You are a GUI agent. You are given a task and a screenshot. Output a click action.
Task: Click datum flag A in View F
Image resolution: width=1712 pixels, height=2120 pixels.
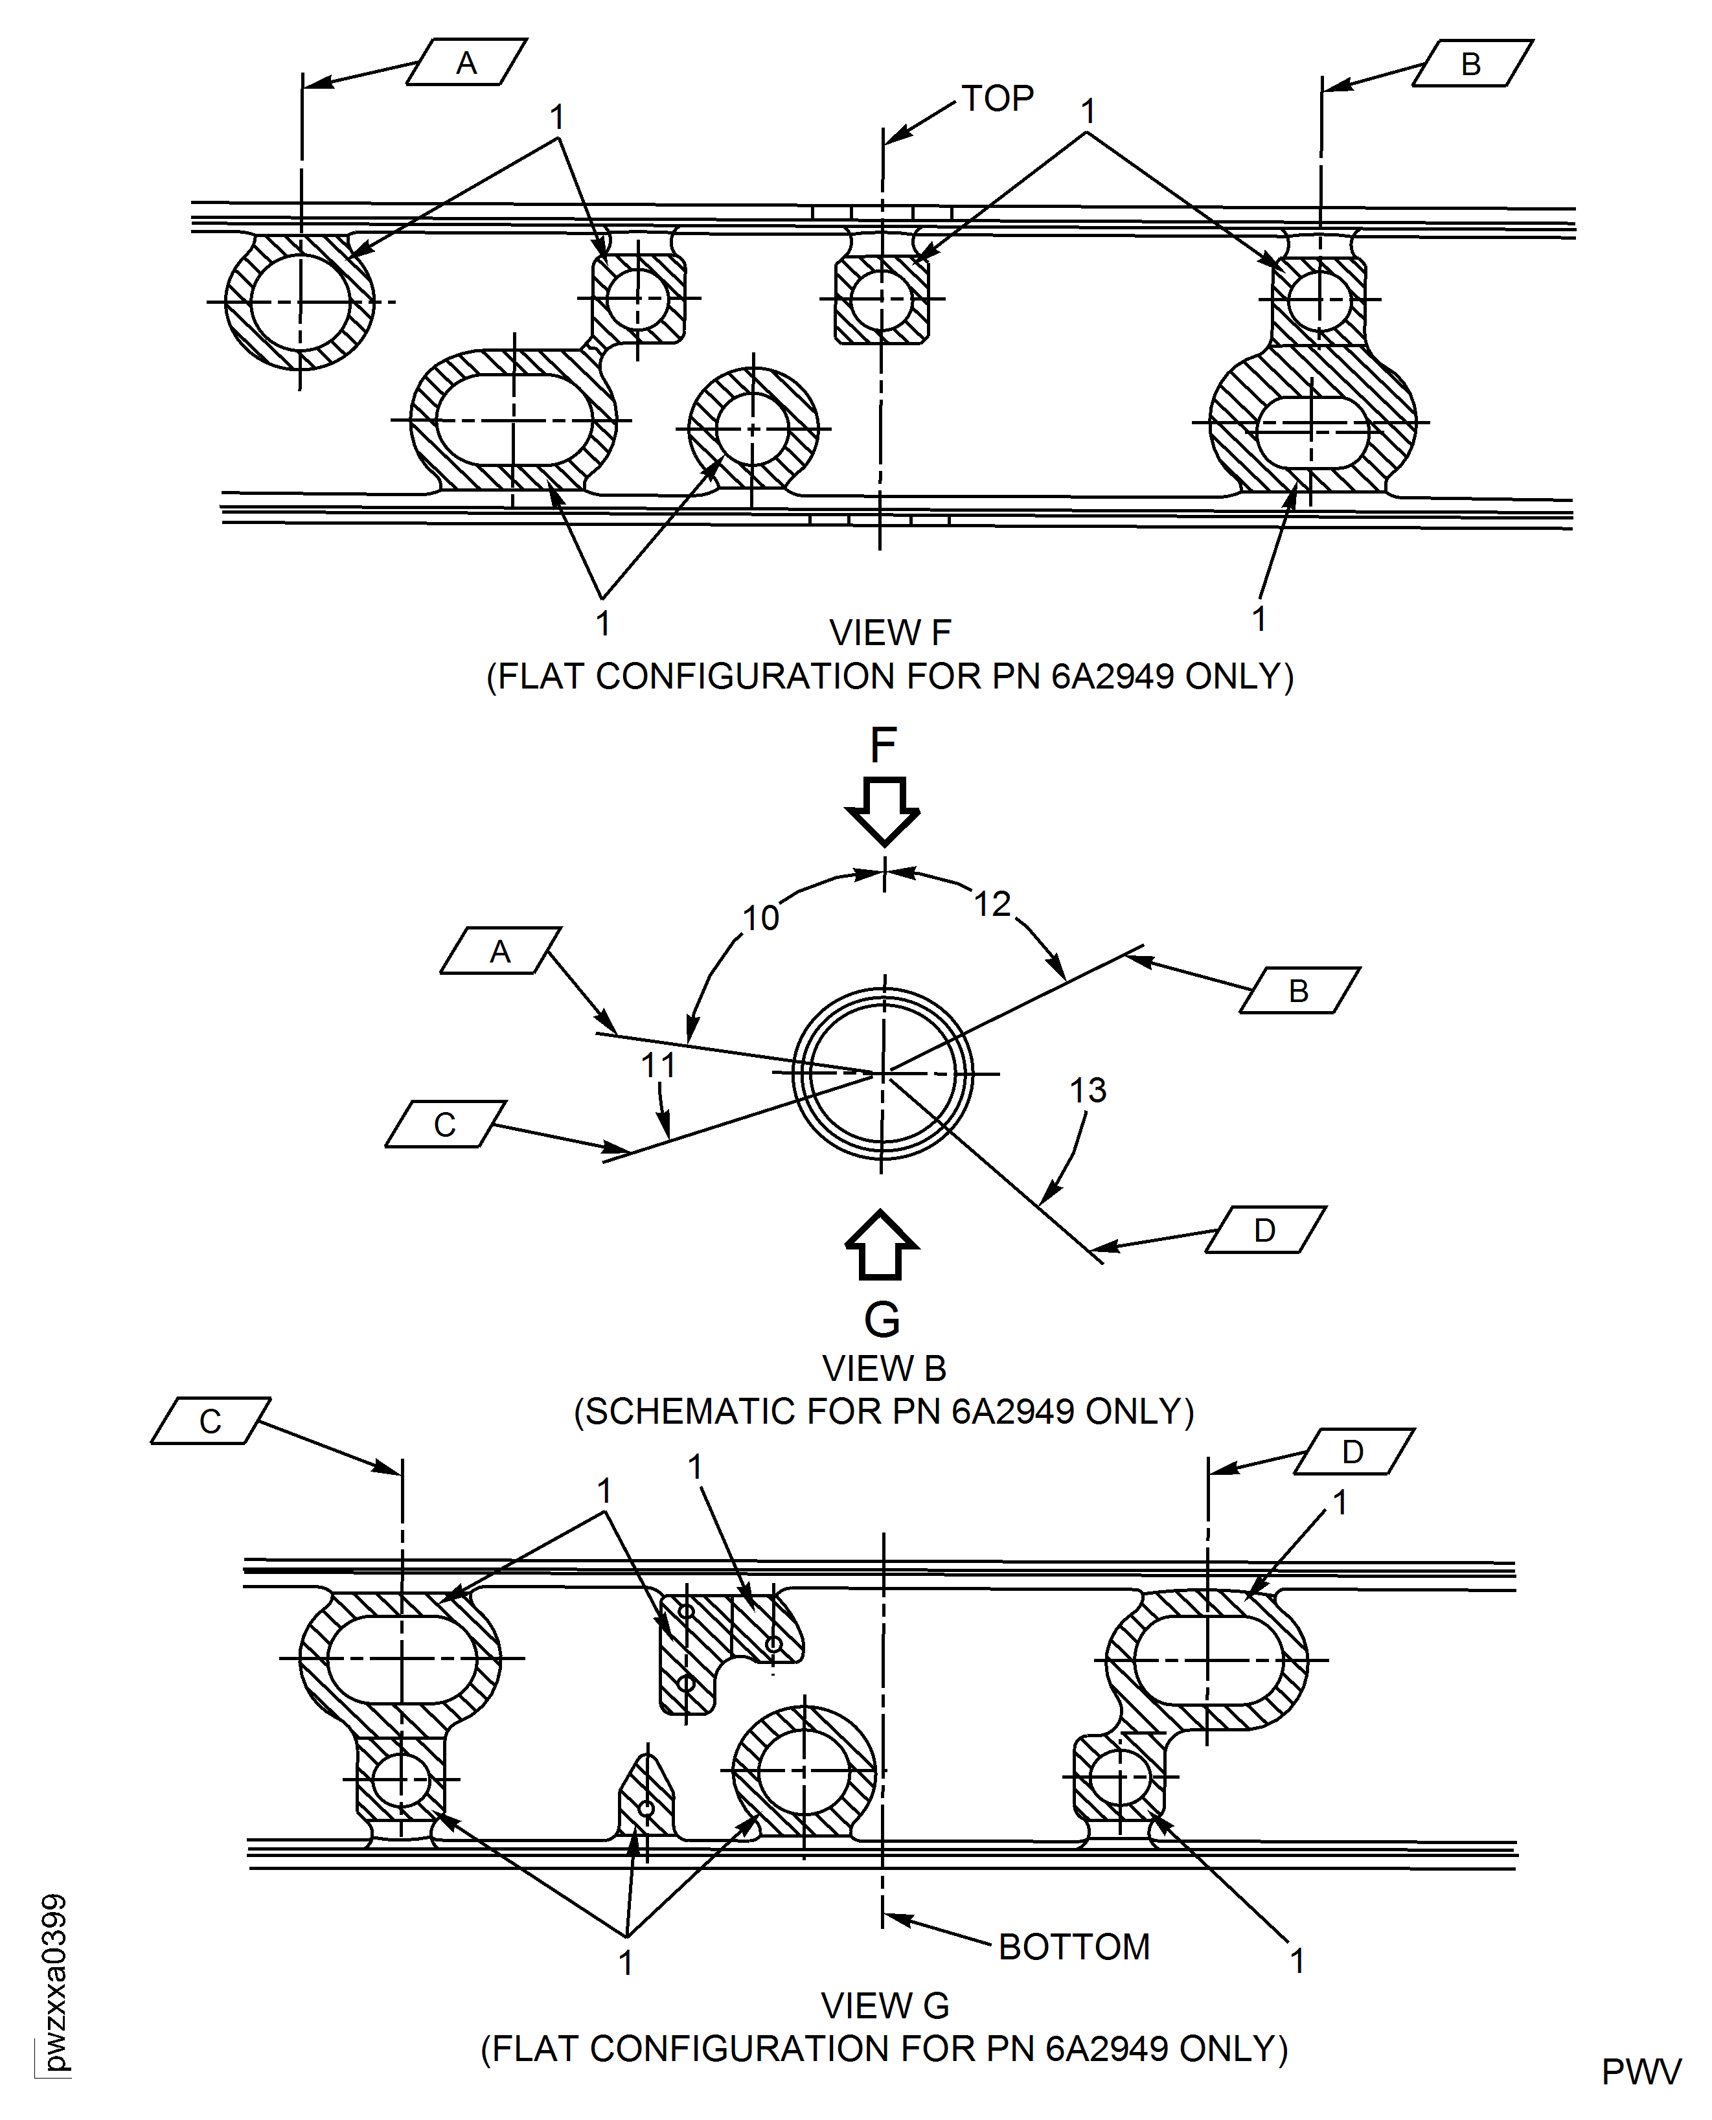(x=466, y=63)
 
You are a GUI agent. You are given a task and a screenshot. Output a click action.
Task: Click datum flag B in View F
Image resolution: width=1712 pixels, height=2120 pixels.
(x=1472, y=63)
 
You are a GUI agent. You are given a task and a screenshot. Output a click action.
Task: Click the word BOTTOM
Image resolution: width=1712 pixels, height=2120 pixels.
(x=1074, y=1948)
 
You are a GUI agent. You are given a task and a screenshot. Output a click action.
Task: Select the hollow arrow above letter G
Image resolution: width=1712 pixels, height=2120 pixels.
(x=882, y=1246)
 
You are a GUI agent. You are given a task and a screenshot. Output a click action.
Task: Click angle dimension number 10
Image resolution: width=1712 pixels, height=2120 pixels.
(x=760, y=918)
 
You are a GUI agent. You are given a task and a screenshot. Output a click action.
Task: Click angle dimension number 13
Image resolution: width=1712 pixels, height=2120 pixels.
(x=1088, y=1091)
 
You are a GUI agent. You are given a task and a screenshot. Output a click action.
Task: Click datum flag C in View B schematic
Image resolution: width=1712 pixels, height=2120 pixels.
(x=445, y=1124)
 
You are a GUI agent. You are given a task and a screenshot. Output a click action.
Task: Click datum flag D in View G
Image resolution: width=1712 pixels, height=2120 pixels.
(x=1353, y=1452)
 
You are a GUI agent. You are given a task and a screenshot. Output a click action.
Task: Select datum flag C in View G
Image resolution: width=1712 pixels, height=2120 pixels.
(x=210, y=1421)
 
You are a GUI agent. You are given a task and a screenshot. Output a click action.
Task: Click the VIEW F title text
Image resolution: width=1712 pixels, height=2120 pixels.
(x=889, y=633)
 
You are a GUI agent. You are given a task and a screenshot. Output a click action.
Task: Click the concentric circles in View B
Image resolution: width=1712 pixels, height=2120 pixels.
(x=883, y=1073)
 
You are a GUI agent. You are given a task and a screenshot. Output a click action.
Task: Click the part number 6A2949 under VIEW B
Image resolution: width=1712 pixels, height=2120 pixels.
(x=1012, y=1412)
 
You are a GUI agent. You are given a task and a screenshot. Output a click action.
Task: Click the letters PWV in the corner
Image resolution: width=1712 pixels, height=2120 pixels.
(x=1640, y=2073)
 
